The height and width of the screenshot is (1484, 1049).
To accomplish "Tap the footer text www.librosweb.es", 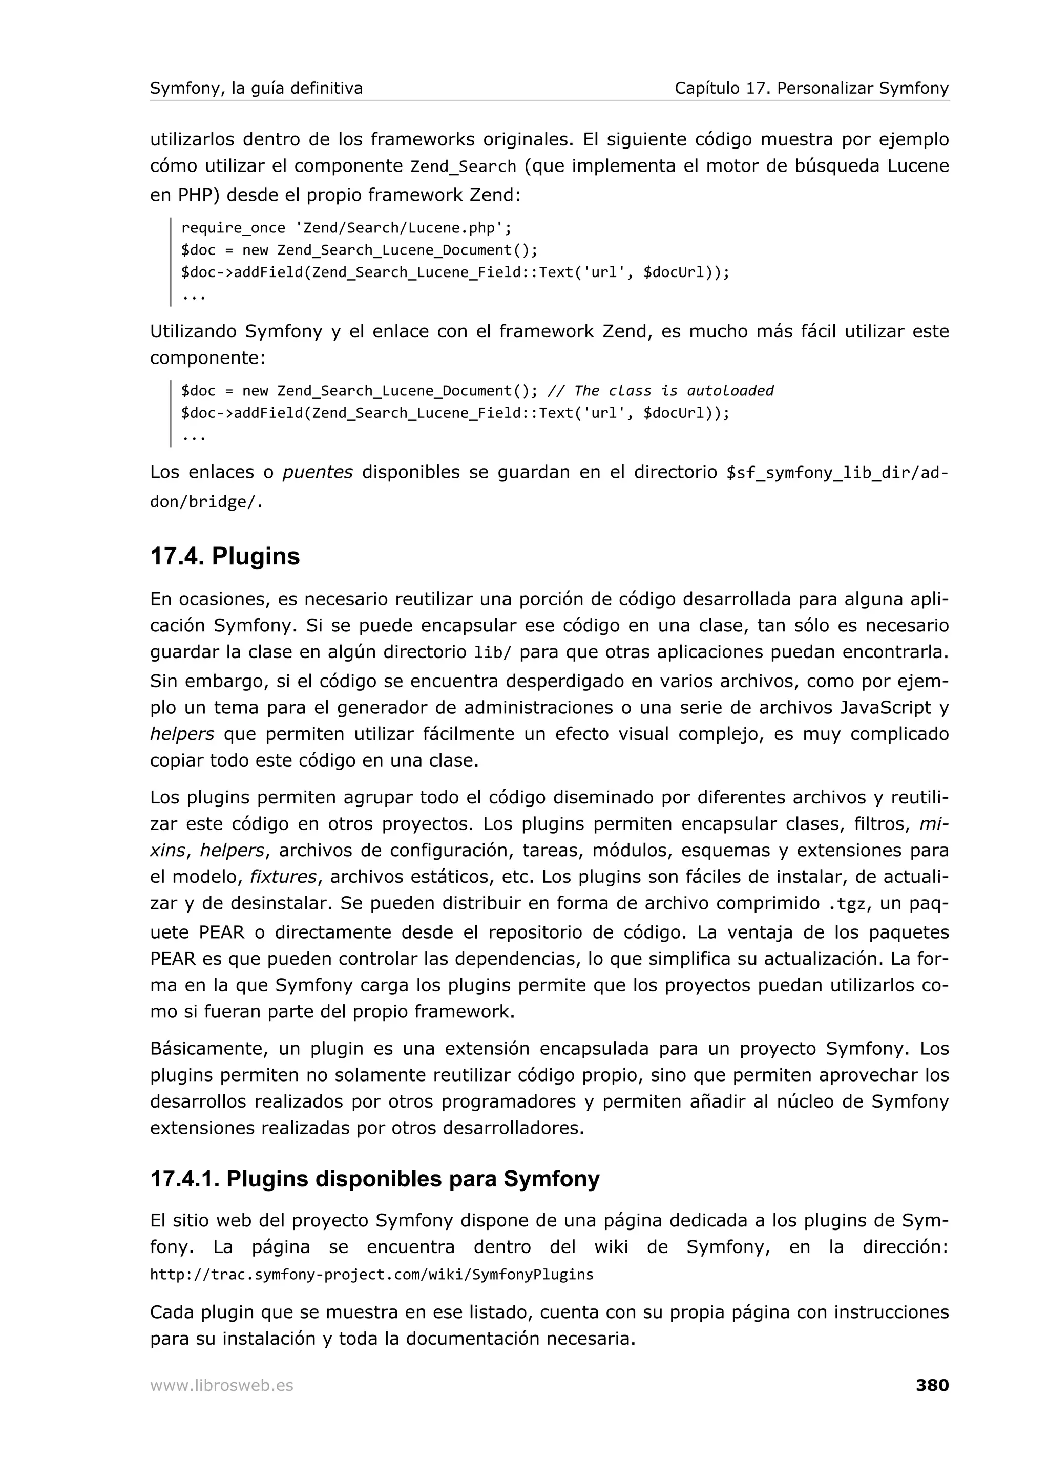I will coord(221,1385).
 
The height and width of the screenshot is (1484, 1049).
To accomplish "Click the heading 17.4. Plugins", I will coord(225,556).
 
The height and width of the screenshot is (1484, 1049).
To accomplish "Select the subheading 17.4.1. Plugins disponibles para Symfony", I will coord(374,1178).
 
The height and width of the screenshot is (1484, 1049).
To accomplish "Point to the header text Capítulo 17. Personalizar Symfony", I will coord(811,88).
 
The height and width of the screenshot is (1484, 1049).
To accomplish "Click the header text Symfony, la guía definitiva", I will coord(256,88).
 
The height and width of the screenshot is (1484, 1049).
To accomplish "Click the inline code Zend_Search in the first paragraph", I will coord(463,167).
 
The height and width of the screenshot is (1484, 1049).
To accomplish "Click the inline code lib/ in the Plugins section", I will coord(492,653).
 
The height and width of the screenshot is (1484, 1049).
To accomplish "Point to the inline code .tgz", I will coord(847,904).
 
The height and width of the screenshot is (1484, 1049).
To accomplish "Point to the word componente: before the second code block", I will coord(207,357).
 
